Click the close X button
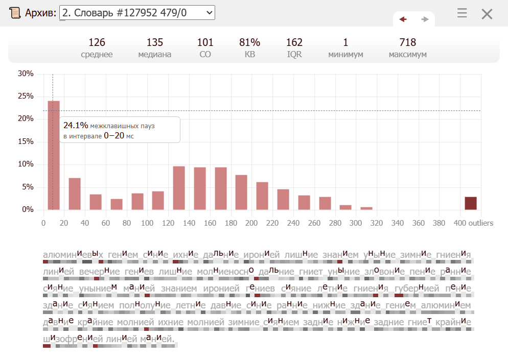[x=487, y=14]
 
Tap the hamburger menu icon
[x=462, y=13]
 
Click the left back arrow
[x=403, y=19]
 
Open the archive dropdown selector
[x=137, y=13]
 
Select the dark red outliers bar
[x=471, y=203]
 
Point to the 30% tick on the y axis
[x=26, y=74]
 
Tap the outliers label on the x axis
[x=481, y=223]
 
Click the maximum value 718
[x=407, y=42]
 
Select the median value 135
[x=155, y=42]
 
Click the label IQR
[x=294, y=55]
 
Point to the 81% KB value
[x=249, y=42]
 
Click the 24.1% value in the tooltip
[x=76, y=125]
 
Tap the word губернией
[x=417, y=289]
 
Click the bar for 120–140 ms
[x=179, y=188]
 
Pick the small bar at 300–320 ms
[x=366, y=208]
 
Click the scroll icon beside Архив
[x=15, y=13]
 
